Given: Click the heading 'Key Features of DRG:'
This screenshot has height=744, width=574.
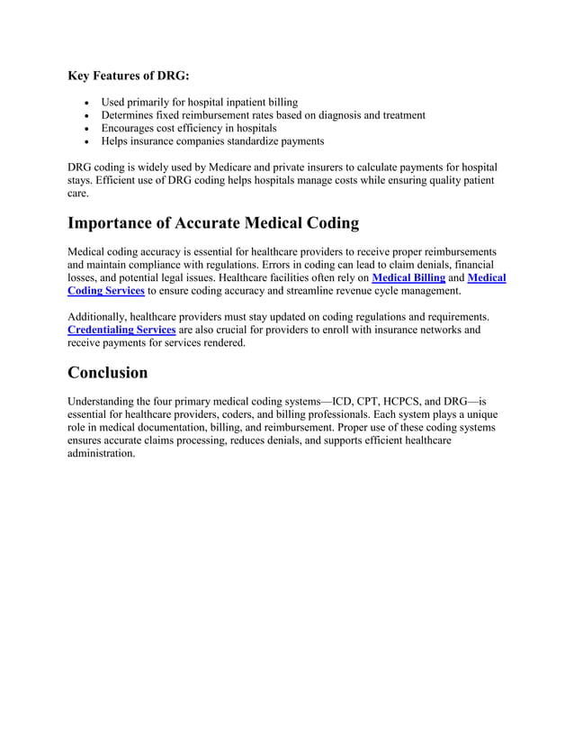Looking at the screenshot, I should (129, 77).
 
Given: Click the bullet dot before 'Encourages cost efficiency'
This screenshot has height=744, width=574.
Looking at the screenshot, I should (85, 129).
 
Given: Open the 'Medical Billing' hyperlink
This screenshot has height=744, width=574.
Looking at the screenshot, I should (408, 278).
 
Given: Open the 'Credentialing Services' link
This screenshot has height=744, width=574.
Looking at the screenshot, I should (121, 331).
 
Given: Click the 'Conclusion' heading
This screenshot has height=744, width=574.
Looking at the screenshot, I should (108, 373).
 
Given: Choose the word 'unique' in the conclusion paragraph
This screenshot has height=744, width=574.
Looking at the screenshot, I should (476, 414).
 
